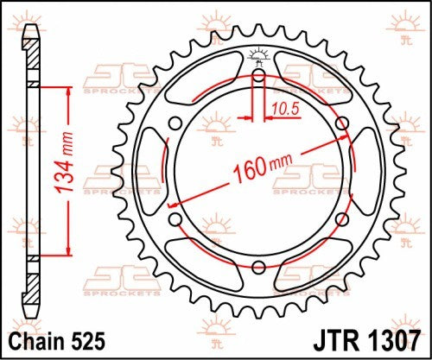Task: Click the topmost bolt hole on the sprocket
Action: [x=258, y=76]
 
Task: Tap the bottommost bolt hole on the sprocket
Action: [x=258, y=265]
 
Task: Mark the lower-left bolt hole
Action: [x=176, y=218]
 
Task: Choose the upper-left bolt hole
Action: [x=176, y=123]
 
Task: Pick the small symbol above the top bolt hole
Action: [x=258, y=56]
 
